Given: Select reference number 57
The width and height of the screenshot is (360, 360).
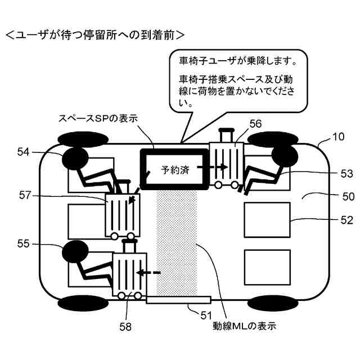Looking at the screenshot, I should [x=25, y=195].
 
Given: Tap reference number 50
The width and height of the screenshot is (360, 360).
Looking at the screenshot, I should [x=332, y=196].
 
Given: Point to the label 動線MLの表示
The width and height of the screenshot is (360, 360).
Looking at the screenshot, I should [x=244, y=325].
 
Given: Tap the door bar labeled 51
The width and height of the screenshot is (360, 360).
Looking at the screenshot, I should [x=178, y=300].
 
